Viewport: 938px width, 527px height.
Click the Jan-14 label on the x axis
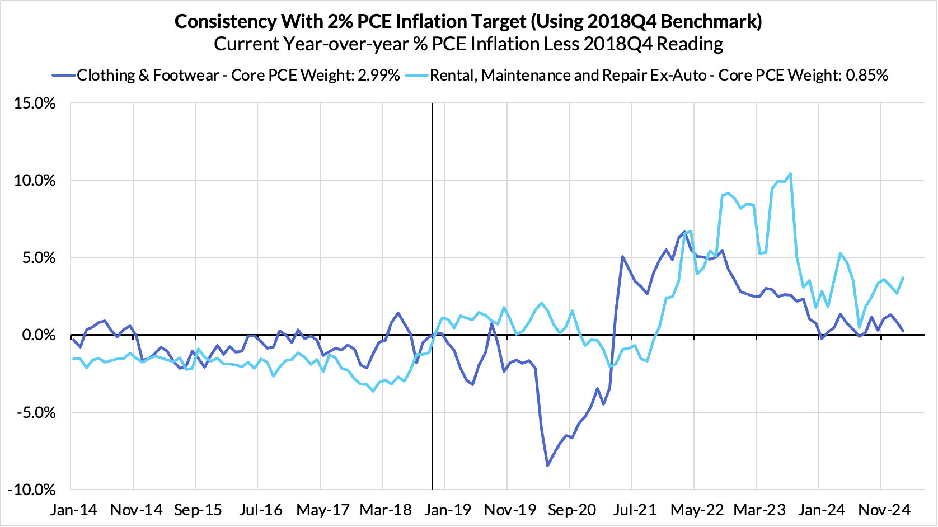click(73, 510)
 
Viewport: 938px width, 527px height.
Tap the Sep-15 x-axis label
click(198, 510)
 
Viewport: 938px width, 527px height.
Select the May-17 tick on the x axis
click(322, 510)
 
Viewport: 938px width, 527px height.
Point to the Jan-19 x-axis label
click(448, 510)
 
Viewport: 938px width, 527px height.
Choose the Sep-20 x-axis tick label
click(572, 510)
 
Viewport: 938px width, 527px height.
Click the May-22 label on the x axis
click(697, 510)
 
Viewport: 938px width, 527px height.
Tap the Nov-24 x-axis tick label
click(884, 510)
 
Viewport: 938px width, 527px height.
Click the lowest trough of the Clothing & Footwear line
click(547, 465)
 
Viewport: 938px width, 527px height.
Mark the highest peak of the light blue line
click(790, 173)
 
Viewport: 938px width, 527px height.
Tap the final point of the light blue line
click(903, 277)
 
